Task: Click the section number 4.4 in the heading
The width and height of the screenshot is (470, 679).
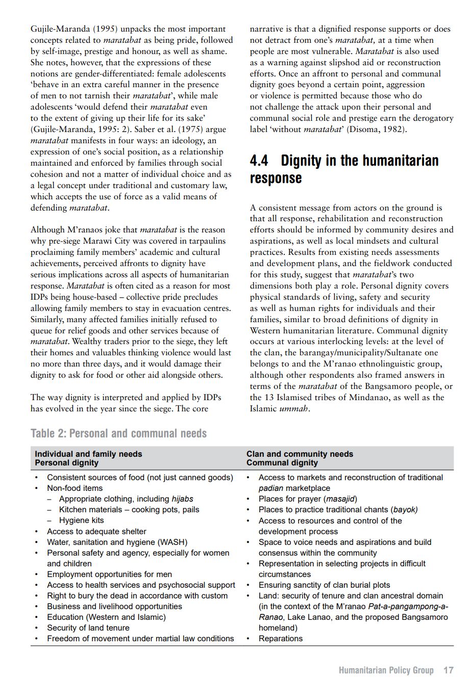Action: tap(259, 161)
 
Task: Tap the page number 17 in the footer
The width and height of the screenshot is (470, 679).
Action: tap(448, 670)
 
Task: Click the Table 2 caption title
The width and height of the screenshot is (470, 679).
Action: tap(118, 434)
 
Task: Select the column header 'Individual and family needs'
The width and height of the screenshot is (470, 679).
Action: tap(88, 454)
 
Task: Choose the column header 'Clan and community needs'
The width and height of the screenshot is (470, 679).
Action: tap(300, 454)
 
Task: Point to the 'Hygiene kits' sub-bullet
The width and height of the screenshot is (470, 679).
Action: tap(81, 520)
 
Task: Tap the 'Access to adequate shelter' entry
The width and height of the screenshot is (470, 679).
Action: tap(96, 531)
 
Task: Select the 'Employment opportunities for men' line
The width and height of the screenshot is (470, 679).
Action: tap(109, 574)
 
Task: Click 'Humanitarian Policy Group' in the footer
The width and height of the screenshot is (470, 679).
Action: tap(386, 670)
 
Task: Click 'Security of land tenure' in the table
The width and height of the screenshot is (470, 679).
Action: tap(88, 628)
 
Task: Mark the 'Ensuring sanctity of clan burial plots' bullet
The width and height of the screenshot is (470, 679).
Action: tap(324, 585)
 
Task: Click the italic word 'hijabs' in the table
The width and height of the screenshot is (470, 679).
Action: tap(182, 499)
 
